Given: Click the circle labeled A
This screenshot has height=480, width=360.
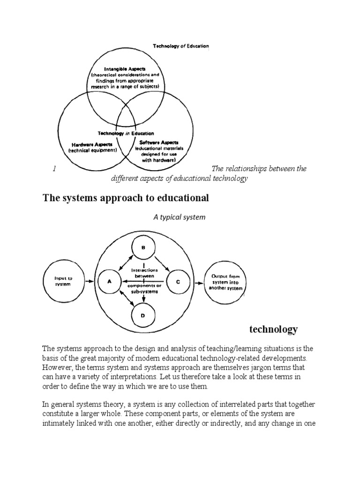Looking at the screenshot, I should tap(110, 282).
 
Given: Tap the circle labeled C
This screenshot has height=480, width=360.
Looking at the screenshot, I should tap(178, 282).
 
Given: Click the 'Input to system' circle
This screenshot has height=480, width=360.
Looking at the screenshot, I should tap(63, 281).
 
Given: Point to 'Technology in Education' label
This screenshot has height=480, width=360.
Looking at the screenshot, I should tap(125, 133).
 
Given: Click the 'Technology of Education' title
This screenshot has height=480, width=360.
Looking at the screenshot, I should tap(180, 46).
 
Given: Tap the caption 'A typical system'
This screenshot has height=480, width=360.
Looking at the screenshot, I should tap(179, 217).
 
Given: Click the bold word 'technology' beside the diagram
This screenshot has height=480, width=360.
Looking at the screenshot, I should tap(273, 329).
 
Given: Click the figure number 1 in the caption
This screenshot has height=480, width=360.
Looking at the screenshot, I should tap(55, 169).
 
